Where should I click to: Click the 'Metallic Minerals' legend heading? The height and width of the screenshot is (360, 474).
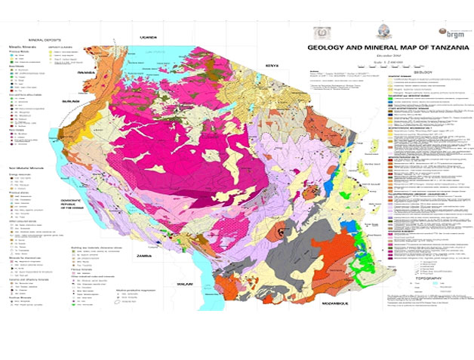click(x=26, y=45)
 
